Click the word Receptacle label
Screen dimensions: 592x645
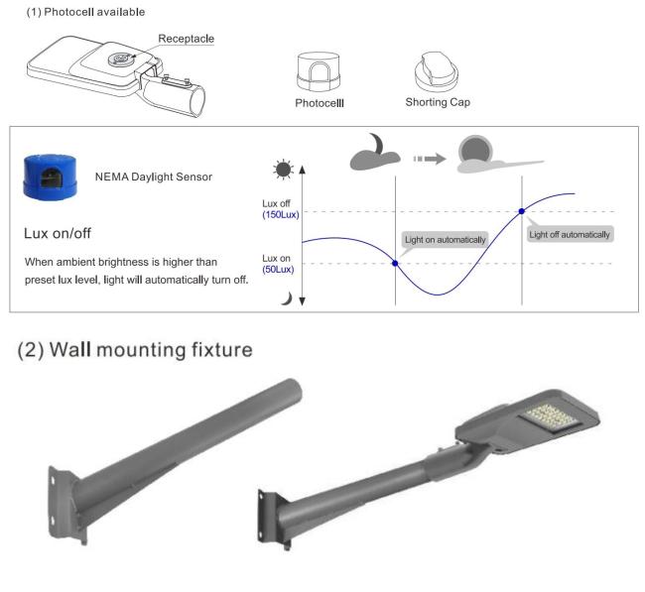point(186,39)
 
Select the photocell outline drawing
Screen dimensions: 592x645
point(319,72)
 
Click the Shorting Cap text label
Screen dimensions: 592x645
point(438,102)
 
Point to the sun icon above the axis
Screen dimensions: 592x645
point(285,169)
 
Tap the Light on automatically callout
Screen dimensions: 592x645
point(445,240)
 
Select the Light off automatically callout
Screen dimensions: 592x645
point(569,234)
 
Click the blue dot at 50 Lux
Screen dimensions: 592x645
point(396,263)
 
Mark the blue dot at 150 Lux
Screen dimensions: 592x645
point(522,211)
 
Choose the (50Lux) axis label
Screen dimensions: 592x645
point(279,269)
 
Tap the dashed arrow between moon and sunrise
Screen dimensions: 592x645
point(430,158)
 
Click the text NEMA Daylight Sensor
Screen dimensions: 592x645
point(155,177)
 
